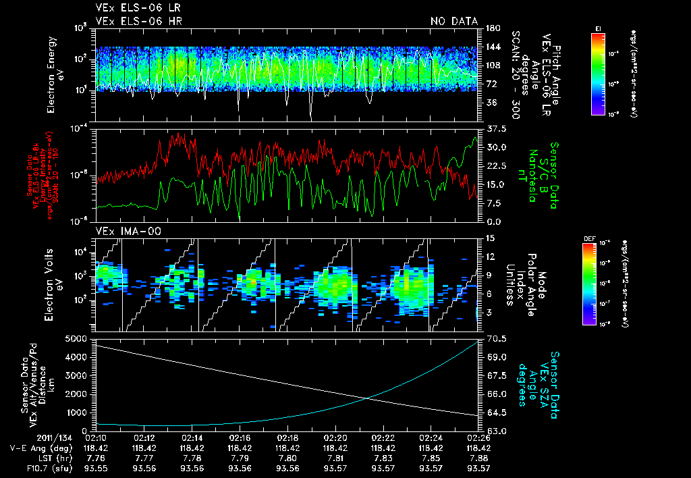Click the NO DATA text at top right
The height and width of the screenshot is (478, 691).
[x=453, y=22]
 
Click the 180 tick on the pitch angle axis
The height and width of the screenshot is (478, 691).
[x=491, y=28]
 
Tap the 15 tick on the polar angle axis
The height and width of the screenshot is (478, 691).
[x=489, y=238]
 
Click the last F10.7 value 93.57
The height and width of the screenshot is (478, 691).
[x=478, y=469]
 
